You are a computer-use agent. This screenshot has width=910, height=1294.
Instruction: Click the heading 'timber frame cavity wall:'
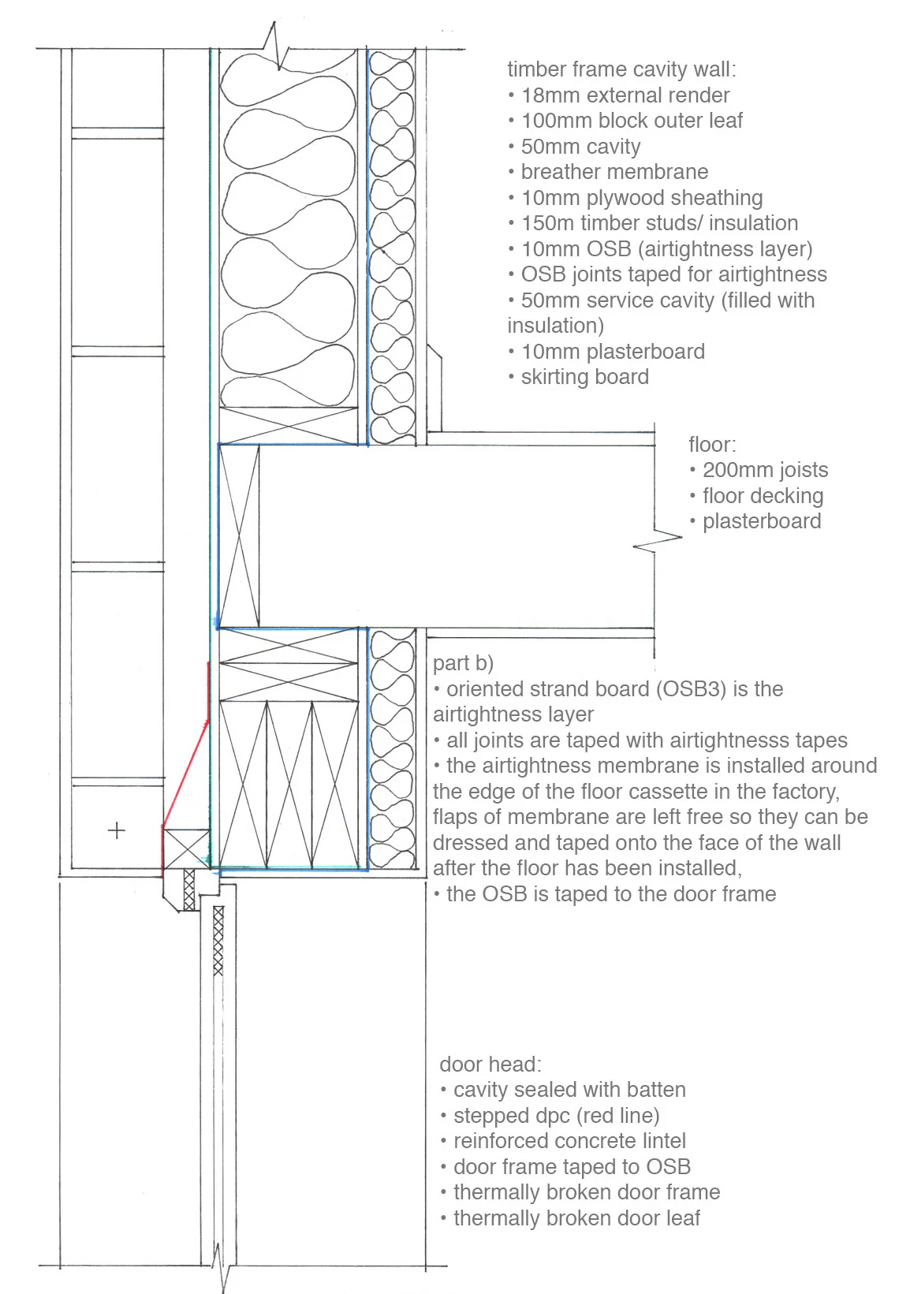[x=621, y=69]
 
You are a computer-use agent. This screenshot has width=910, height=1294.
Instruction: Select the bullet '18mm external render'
[x=625, y=95]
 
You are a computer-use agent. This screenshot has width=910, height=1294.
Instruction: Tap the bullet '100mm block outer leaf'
[x=631, y=121]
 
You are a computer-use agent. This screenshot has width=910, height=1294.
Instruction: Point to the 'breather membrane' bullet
[x=614, y=172]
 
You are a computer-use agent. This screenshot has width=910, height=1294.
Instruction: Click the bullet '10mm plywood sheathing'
[x=642, y=198]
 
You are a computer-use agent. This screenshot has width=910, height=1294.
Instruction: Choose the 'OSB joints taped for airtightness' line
[x=673, y=274]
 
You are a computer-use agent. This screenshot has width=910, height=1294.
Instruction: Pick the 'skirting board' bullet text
[x=584, y=377]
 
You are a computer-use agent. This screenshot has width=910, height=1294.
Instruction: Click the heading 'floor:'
[x=711, y=445]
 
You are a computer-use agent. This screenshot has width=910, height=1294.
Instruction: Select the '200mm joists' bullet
[x=765, y=470]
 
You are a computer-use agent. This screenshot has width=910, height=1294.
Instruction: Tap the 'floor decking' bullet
[x=763, y=496]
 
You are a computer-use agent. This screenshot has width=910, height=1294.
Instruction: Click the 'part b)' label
[x=463, y=663]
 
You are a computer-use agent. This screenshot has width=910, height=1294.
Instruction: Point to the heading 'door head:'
[x=490, y=1065]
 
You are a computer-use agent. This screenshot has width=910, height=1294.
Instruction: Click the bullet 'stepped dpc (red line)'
[x=556, y=1116]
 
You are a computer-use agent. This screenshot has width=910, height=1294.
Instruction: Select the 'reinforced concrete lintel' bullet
[x=569, y=1141]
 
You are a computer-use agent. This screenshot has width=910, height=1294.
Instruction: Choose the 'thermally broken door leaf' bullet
[x=576, y=1218]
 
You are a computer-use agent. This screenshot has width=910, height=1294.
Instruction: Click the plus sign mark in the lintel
[x=117, y=830]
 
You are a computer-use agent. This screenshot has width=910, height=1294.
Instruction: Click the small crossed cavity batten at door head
[x=187, y=848]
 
